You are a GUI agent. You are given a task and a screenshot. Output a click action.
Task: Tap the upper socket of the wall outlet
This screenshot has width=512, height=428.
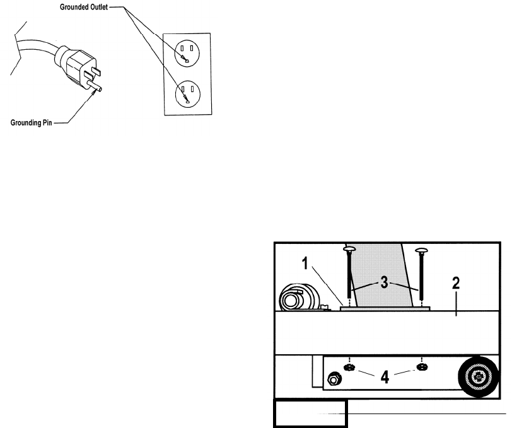[x=187, y=52]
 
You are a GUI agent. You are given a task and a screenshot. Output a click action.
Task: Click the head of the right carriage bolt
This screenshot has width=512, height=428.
[x=421, y=251]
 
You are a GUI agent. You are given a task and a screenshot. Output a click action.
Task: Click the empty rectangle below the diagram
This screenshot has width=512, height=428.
[x=310, y=414]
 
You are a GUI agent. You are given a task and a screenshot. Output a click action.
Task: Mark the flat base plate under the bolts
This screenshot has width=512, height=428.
[x=385, y=309]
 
